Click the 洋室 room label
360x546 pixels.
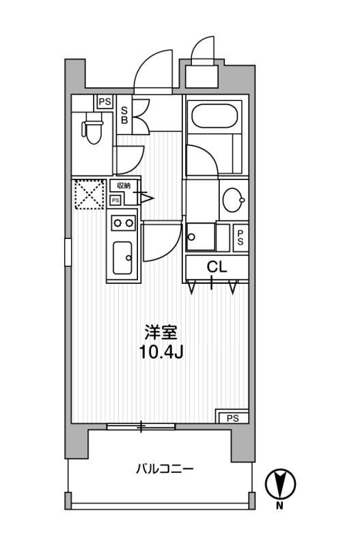161,334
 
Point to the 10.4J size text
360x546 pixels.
161,353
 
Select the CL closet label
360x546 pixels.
217,268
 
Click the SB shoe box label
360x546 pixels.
125,114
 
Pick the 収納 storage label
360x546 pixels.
123,186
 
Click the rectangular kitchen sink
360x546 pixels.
124,258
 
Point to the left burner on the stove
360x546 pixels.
117,222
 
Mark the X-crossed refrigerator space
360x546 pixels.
88,194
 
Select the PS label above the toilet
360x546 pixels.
104,102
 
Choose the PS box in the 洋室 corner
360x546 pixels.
232,417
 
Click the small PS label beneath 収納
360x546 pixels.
115,200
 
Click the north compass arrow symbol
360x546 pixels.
279,484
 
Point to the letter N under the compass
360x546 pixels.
279,506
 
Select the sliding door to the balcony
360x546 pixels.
141,427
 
